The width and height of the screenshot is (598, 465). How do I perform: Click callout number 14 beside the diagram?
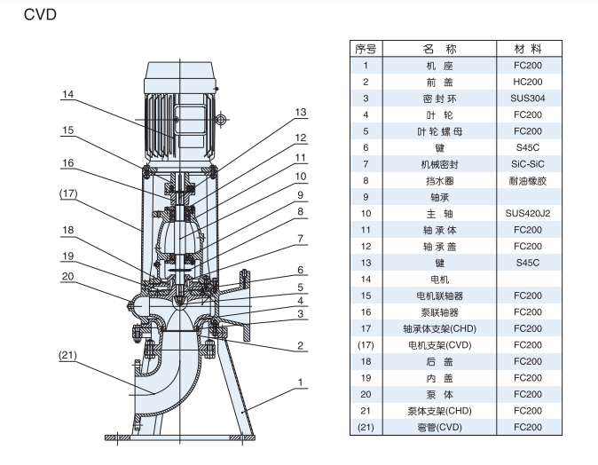click(68, 94)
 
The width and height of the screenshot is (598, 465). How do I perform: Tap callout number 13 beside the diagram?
click(301, 112)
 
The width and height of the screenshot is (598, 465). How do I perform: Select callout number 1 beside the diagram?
click(301, 383)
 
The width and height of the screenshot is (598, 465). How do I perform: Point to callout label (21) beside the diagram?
click(69, 354)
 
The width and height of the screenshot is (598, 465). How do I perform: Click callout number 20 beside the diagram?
click(68, 275)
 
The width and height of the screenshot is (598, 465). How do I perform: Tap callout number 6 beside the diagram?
click(301, 270)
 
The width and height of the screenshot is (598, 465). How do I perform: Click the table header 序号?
click(366, 48)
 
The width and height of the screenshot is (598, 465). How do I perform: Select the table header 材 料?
click(527, 48)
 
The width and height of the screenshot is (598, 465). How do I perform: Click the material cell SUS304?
click(527, 98)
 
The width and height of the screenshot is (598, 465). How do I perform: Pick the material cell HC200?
click(527, 82)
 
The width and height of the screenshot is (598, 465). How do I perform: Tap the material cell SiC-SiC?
click(527, 164)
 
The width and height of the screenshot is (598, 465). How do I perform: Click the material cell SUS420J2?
click(527, 214)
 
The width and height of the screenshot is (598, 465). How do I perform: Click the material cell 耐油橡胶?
click(527, 180)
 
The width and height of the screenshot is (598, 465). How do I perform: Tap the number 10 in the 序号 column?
click(366, 214)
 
